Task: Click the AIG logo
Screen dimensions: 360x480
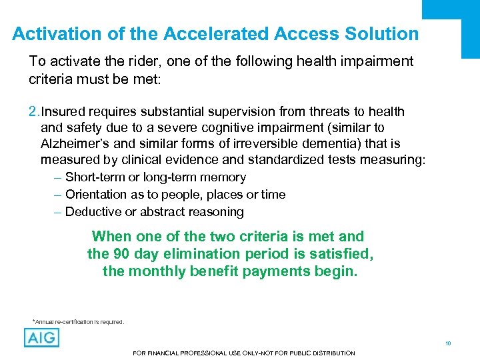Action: coord(41,337)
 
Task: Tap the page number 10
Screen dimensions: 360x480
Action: coord(448,343)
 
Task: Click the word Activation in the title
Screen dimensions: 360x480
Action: coord(49,33)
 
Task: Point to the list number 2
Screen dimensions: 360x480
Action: coord(34,111)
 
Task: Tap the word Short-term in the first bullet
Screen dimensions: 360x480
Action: coord(95,177)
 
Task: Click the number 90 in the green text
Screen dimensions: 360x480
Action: coord(120,254)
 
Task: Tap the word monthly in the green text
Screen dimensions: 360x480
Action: coord(155,271)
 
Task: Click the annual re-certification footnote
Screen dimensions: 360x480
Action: coord(78,322)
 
